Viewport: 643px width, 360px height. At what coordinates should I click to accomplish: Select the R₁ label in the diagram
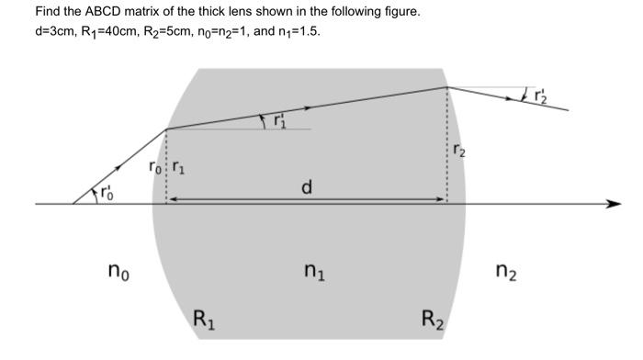click(203, 321)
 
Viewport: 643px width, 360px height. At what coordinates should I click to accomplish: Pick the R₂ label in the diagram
click(433, 321)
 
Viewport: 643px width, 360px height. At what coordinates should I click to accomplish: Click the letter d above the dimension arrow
click(307, 187)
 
